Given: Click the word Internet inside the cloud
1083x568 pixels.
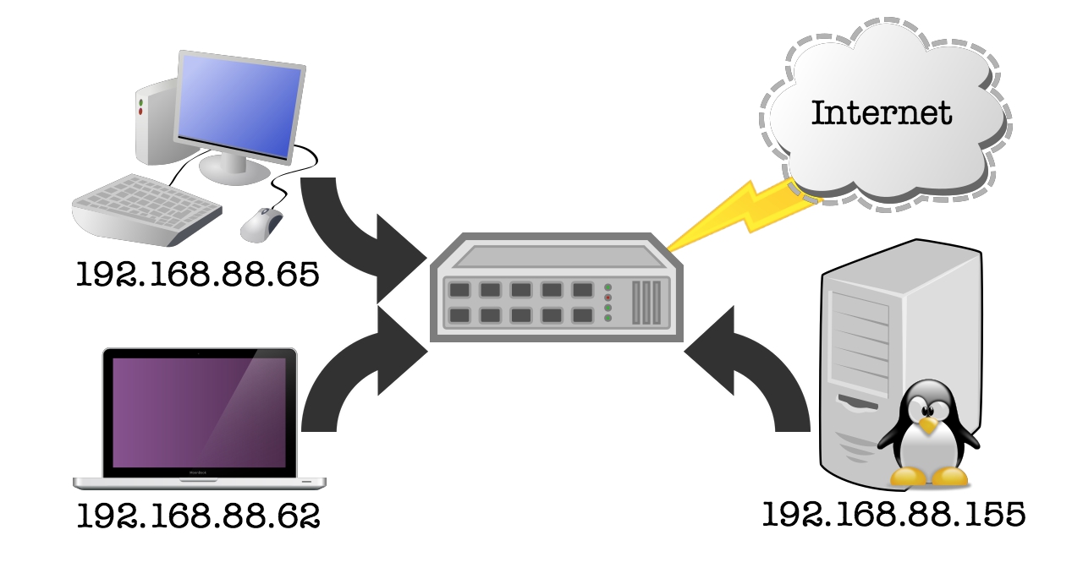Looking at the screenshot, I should click(x=882, y=112).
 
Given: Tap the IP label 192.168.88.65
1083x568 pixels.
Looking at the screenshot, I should click(x=198, y=275).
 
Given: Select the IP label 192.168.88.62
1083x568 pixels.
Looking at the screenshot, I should click(x=198, y=516).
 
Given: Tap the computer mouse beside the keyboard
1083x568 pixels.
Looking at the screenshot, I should click(x=261, y=223).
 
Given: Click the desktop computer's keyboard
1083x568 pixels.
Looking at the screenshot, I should click(x=144, y=207).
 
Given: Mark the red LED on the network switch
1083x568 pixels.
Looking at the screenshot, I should click(x=607, y=298).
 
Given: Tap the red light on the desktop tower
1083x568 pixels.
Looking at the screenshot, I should click(x=140, y=112).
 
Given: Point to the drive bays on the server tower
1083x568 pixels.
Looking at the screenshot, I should click(x=860, y=330).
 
